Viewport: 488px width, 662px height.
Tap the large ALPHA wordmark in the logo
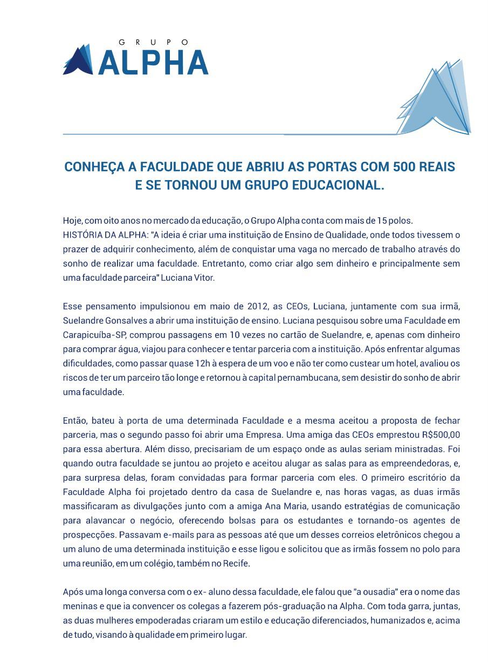[x=154, y=62]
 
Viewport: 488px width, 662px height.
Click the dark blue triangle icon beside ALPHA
[x=78, y=60]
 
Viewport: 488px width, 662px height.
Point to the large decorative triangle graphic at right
[x=437, y=100]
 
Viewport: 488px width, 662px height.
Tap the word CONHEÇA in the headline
[x=92, y=167]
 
